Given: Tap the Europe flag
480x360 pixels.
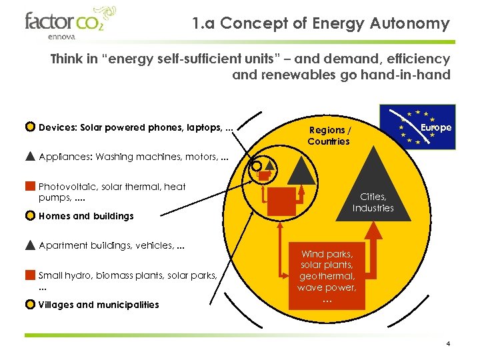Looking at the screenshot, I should click(417, 126).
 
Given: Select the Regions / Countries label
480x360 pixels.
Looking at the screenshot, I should click(329, 135).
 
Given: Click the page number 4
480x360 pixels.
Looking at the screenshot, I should click(449, 344).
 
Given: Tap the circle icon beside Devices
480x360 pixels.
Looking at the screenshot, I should click(30, 127).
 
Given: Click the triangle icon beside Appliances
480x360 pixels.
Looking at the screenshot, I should click(30, 157).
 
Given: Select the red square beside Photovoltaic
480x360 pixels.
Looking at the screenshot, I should click(30, 186).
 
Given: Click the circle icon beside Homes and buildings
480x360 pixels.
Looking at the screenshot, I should click(30, 216).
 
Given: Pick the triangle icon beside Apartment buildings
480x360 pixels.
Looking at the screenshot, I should click(30, 245).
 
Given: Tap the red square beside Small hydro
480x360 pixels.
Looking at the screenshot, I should click(30, 275).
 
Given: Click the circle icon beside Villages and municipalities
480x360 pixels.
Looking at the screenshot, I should click(30, 305).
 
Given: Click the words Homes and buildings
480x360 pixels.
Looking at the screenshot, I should click(86, 216).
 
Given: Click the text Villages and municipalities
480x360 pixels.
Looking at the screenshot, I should click(99, 305).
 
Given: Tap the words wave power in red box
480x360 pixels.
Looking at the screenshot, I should click(327, 287).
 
